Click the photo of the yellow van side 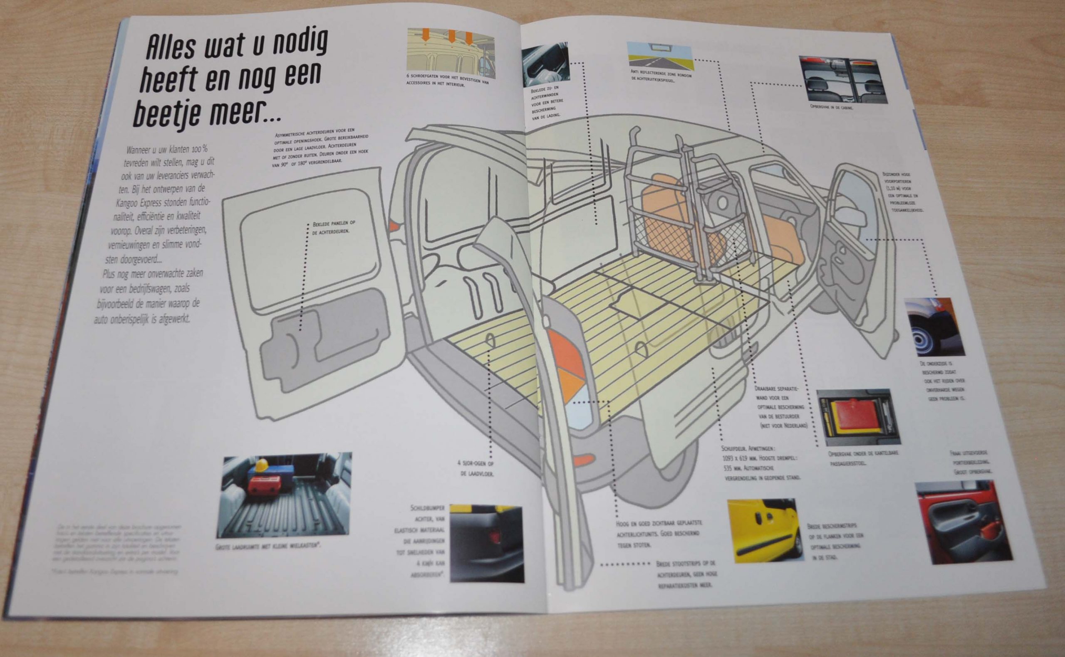click(764, 531)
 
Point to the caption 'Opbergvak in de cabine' click(831, 106)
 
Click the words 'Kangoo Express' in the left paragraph click(149, 202)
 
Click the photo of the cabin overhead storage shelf click(842, 80)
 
